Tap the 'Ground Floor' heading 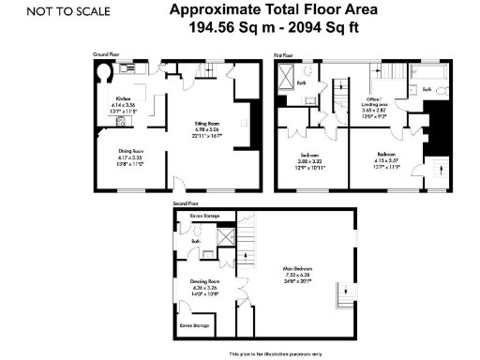click(105, 54)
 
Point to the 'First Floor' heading click(284, 55)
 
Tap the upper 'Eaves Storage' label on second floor click(203, 216)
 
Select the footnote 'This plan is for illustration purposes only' click(280, 353)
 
